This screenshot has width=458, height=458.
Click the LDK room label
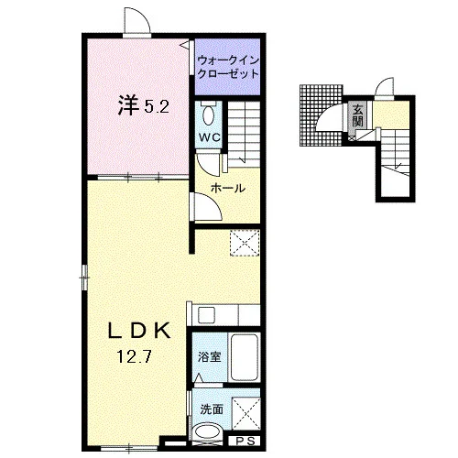point(139,331)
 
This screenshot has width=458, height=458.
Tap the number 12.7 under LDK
point(135,356)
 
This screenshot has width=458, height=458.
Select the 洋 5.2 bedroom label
point(144,105)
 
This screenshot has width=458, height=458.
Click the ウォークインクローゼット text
point(228,67)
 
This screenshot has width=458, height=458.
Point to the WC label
point(210,137)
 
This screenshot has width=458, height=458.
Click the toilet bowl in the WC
point(209,114)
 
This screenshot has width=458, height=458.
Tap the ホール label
point(228,188)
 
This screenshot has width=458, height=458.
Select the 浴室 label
point(210,356)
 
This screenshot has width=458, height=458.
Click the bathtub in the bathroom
point(245,357)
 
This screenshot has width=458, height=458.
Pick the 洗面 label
point(212,409)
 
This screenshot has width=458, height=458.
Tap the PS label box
point(245,441)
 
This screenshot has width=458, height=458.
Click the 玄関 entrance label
point(357,115)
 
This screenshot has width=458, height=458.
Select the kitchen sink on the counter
point(207,315)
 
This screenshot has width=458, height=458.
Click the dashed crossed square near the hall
point(245,243)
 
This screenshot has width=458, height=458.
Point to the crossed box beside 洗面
point(246,413)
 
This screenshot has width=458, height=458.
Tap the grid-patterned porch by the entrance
point(322,115)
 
